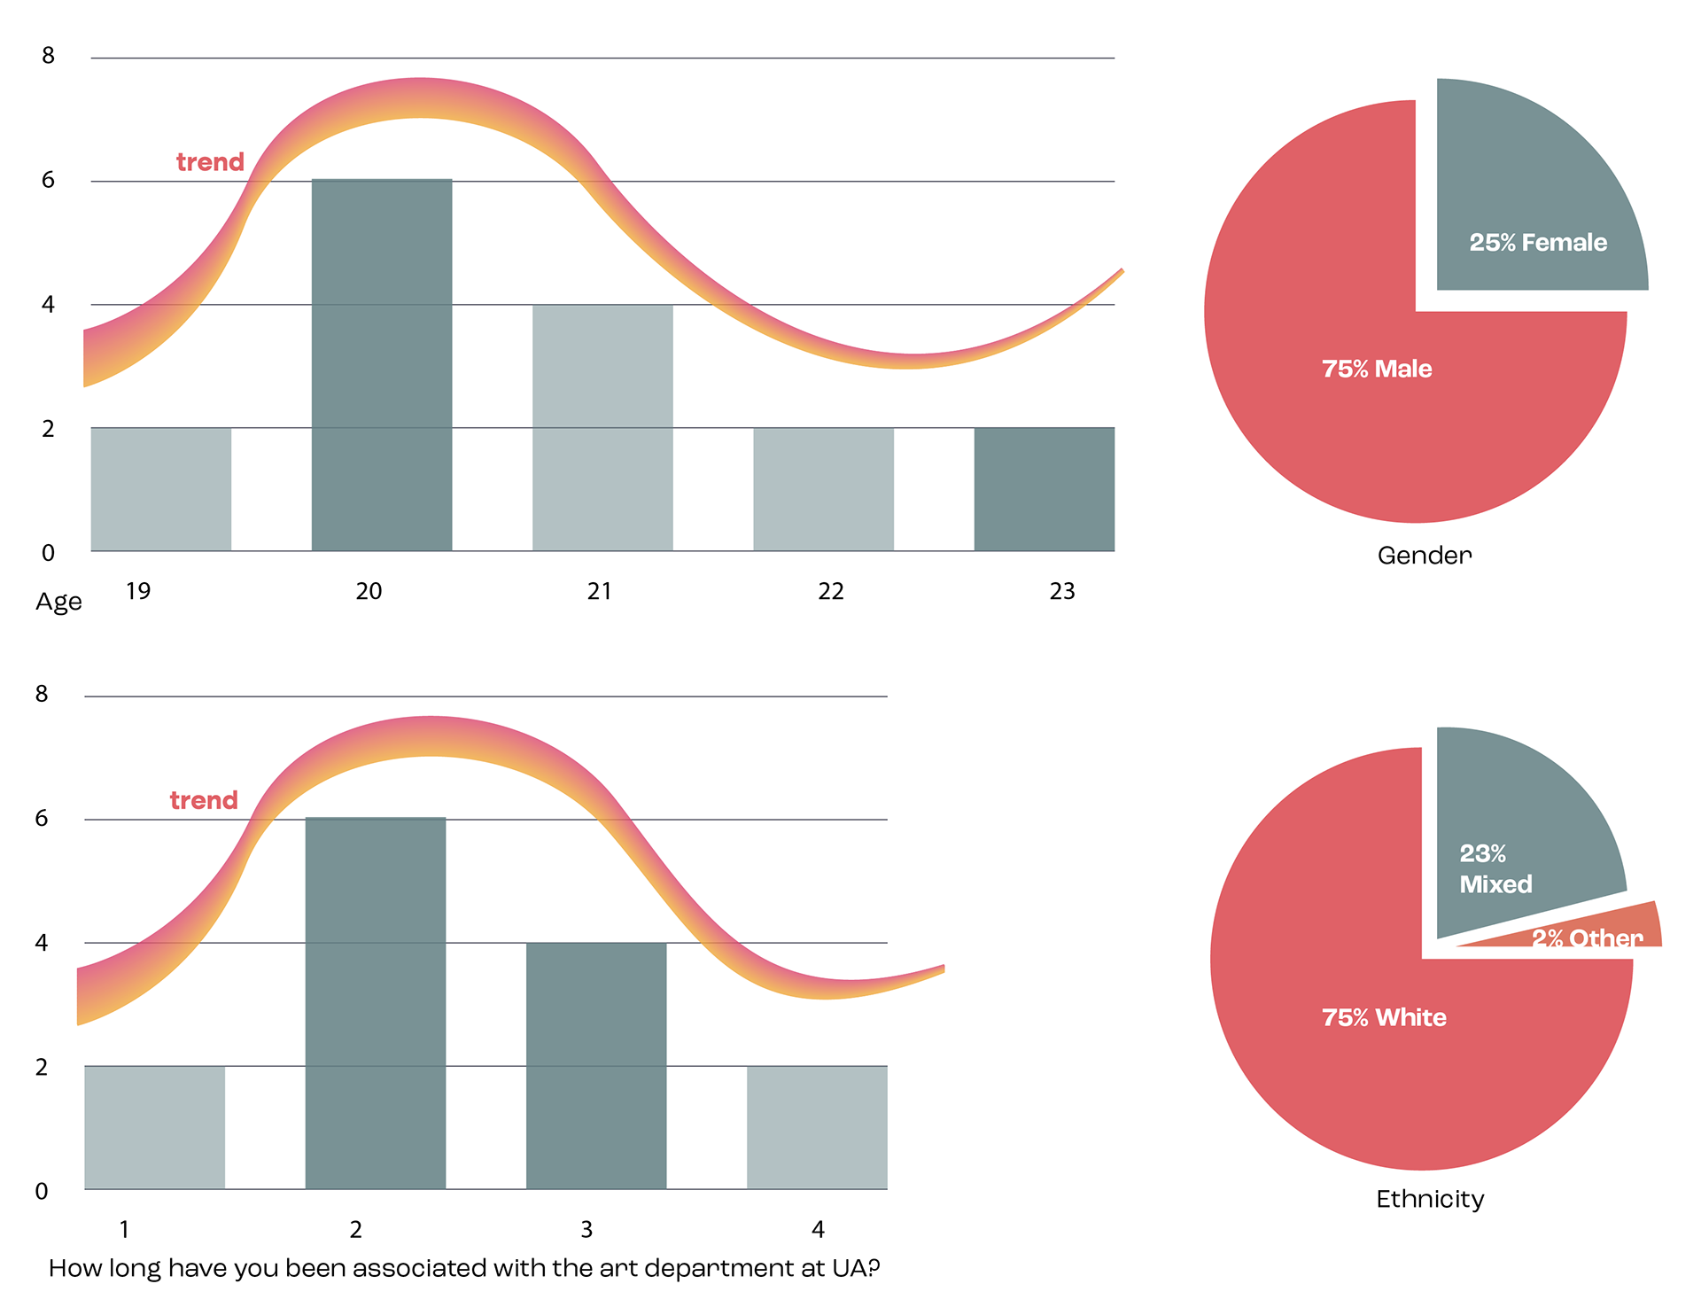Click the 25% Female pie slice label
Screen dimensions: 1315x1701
coord(1538,243)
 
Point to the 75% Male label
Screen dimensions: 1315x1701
coord(1377,370)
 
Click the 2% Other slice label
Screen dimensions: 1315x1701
coord(1588,938)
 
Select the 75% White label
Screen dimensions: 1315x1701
coord(1384,1018)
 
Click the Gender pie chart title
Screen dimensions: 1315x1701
coord(1425,556)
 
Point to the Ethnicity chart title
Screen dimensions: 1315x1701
coord(1430,1199)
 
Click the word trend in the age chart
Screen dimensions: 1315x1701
coord(210,162)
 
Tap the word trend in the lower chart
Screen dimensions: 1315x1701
coord(204,800)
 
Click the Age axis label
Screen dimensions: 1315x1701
coord(58,602)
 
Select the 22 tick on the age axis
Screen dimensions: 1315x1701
coord(831,591)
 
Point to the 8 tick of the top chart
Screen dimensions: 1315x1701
coord(48,56)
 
